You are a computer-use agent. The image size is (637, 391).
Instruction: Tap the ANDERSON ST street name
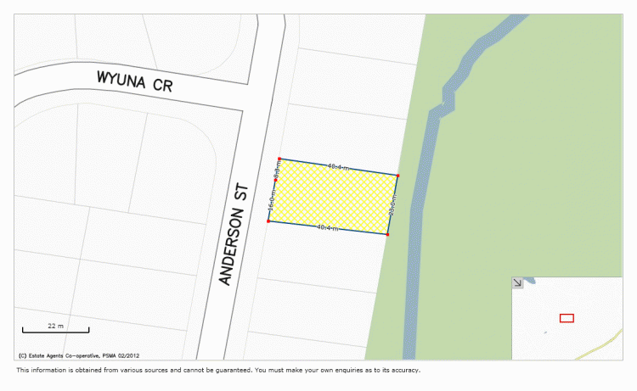pos(232,237)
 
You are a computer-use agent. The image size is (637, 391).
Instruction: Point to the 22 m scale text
pos(55,326)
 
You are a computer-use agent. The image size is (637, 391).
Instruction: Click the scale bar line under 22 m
pos(55,331)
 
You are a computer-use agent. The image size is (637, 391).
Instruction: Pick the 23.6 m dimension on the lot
pos(393,205)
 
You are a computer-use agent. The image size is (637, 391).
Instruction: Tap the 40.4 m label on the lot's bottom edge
pos(327,228)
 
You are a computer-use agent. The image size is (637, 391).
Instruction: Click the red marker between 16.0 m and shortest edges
pos(276,180)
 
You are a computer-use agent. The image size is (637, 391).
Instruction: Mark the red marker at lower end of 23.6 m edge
pos(388,234)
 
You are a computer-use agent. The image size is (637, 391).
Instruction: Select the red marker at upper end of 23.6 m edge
pos(398,176)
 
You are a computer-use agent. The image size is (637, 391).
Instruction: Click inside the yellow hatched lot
pos(333,198)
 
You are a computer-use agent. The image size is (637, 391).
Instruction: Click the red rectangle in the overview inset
pos(567,318)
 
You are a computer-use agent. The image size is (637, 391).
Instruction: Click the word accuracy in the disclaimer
pos(403,370)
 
